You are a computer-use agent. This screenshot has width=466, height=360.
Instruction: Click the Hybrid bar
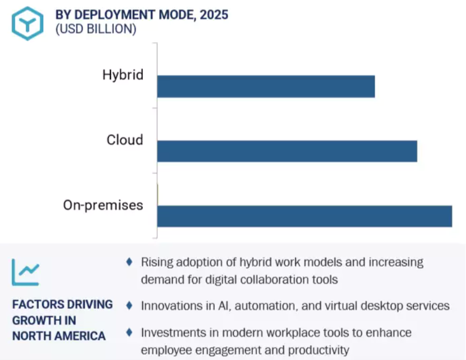[266, 86]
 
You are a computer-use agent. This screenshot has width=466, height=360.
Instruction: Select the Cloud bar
[287, 151]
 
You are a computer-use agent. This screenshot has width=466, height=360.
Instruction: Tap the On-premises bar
[304, 216]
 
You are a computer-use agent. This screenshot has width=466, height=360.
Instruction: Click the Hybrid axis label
[122, 75]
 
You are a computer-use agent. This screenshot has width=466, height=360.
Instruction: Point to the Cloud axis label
[124, 140]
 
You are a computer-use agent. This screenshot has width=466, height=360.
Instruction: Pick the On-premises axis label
[103, 205]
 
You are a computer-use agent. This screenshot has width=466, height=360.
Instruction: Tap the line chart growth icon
[26, 271]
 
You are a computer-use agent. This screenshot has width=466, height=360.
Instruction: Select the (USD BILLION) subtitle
[96, 29]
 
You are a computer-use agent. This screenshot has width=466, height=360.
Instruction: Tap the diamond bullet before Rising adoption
[129, 261]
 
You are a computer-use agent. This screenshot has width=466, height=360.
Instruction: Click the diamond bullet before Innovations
[129, 305]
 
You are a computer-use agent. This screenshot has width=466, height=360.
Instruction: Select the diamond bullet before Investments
[129, 332]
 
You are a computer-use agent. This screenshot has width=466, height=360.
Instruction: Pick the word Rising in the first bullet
[157, 262]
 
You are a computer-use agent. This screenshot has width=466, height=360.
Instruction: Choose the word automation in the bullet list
[263, 306]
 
